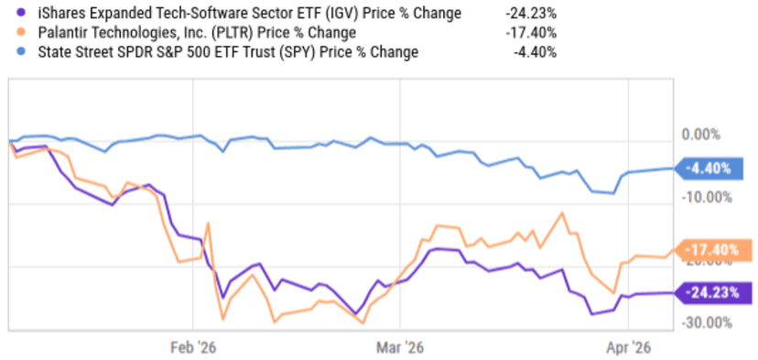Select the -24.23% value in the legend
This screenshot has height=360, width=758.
(531, 14)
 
